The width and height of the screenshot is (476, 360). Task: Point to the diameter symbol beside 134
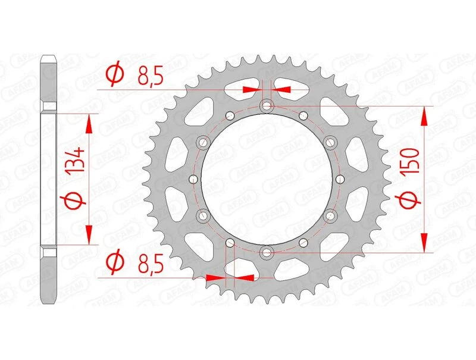71,203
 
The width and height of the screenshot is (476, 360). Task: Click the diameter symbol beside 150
410,201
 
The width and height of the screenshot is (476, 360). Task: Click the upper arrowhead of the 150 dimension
424,117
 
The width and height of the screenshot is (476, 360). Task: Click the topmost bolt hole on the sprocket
266,107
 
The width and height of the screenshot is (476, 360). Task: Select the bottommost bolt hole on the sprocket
266,252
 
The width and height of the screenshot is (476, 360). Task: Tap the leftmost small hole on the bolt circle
192,179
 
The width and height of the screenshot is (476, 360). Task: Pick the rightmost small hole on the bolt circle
340,179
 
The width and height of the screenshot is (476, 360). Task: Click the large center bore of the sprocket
266,179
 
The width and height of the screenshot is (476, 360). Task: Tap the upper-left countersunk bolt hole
202,142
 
